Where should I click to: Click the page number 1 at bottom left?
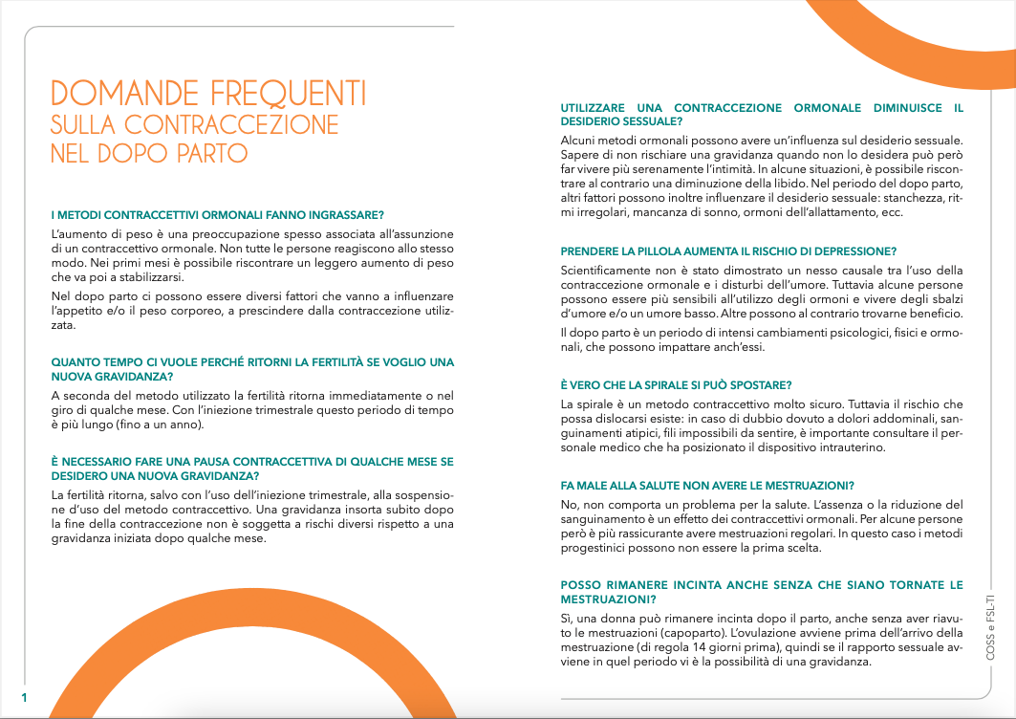tap(25, 697)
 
